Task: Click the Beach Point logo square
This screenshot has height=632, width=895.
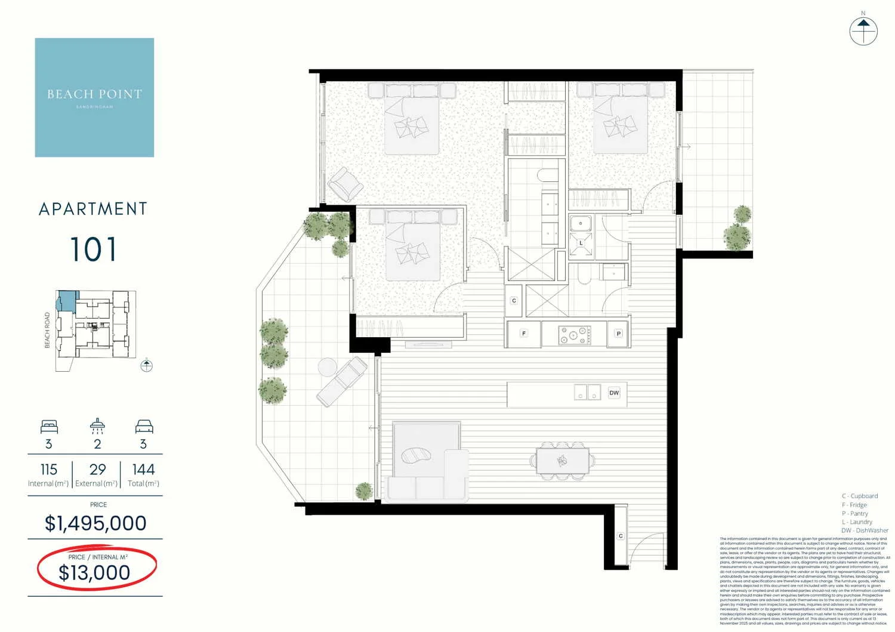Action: tap(94, 97)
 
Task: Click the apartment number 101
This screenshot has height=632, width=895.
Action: tap(93, 249)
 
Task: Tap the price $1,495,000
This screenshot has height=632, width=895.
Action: tap(95, 523)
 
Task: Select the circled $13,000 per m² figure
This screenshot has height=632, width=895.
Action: tap(94, 572)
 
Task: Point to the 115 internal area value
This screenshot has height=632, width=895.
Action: tap(49, 470)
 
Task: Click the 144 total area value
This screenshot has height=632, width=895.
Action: tap(143, 470)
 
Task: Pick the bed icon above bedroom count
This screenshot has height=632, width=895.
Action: tap(49, 426)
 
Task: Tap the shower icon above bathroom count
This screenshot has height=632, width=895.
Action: tap(97, 426)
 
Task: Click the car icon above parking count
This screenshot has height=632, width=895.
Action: tap(144, 426)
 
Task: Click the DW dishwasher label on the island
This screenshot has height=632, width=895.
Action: tap(614, 393)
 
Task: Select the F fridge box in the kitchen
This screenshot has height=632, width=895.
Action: tap(524, 334)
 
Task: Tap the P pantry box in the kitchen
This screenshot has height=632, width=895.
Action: tap(619, 334)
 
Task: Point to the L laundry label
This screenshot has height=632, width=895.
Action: tap(581, 243)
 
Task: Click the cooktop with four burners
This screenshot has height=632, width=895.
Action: tap(575, 335)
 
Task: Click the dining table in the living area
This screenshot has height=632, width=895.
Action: tap(562, 461)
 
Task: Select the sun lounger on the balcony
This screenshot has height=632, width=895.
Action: tap(342, 381)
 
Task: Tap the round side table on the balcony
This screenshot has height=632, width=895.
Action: tap(328, 367)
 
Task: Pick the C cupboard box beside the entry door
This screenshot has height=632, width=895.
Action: tap(621, 536)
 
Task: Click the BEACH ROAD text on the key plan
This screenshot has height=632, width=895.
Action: tap(48, 330)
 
